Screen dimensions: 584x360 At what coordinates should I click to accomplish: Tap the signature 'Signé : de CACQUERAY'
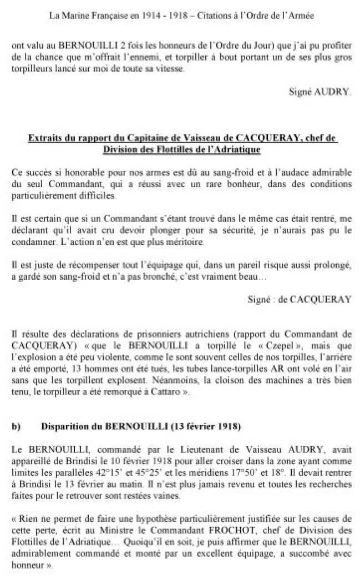pos(300,299)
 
